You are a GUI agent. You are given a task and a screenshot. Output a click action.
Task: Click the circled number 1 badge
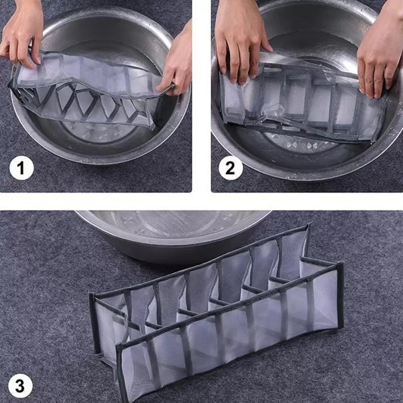point(22,168)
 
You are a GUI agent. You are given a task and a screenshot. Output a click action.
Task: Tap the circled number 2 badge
point(231,168)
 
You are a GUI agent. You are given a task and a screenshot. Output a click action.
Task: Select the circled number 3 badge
point(21,386)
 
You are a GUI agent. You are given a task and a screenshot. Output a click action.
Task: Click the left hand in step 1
point(22,31)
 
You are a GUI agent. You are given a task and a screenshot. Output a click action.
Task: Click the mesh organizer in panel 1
point(85,90)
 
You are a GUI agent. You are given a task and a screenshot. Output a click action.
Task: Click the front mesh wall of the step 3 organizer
point(229,342)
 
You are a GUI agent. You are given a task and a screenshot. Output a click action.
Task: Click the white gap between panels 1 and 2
point(201,96)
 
